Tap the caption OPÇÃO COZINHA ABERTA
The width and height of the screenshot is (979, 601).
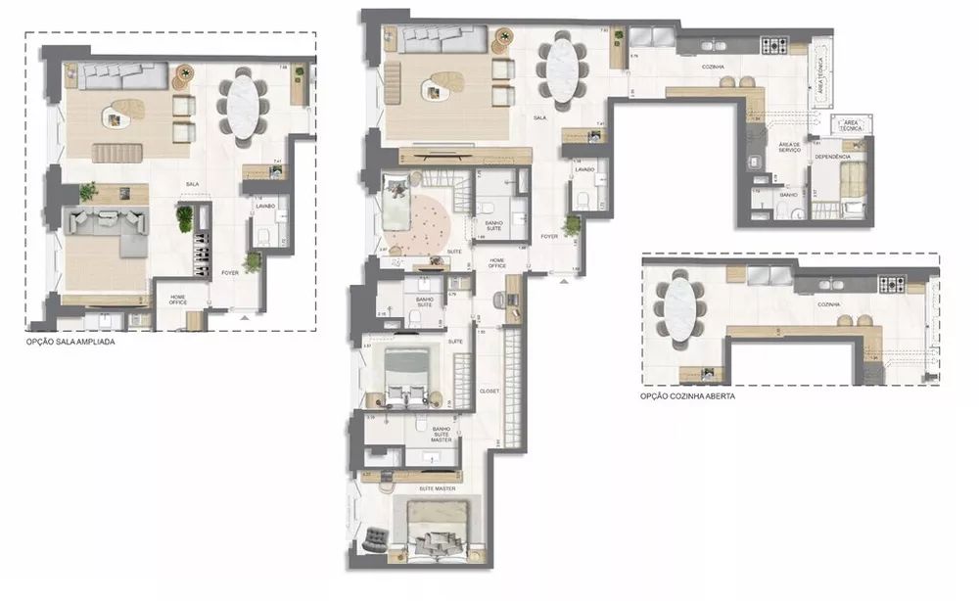tap(686, 396)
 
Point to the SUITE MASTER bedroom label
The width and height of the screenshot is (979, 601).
tap(437, 486)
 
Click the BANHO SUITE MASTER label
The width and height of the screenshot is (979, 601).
tap(441, 434)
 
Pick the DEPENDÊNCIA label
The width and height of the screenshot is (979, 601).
tap(831, 157)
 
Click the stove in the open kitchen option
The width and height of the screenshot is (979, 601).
tap(891, 286)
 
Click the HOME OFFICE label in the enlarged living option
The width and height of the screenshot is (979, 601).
tap(179, 300)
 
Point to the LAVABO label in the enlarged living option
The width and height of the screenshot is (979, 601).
tap(265, 208)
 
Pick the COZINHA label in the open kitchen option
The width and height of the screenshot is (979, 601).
tap(828, 304)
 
